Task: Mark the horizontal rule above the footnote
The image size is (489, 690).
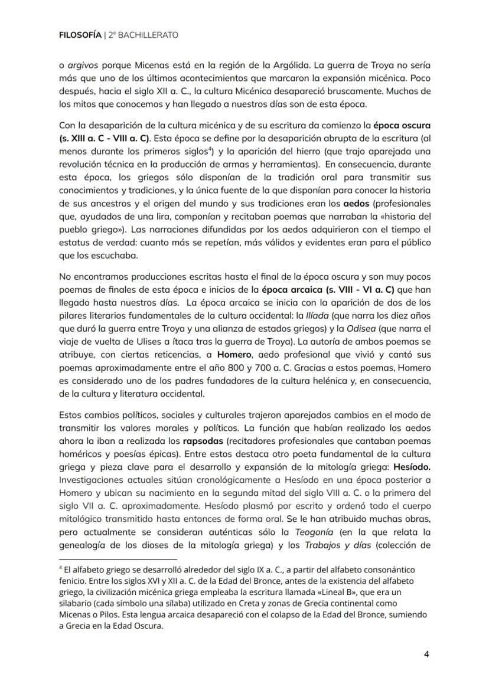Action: coord(118,559)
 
